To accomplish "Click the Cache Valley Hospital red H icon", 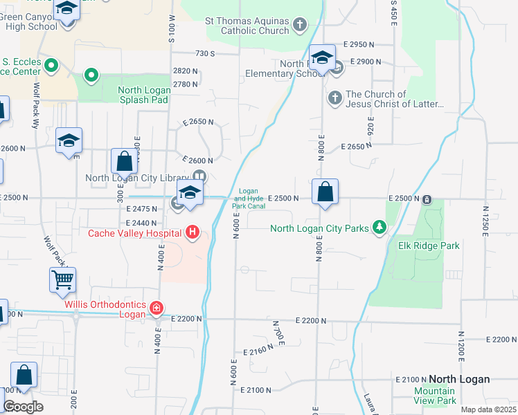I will coord(193,233).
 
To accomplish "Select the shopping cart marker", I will coord(62,281).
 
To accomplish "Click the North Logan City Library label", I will coord(136,178).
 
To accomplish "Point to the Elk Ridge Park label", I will coord(429,246).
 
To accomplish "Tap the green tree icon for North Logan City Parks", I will coord(379,228).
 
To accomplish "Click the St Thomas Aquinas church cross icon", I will coord(299,26).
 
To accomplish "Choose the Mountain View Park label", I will coord(435,396).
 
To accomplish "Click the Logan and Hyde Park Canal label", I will coord(248,199).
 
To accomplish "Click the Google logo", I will coord(23,407).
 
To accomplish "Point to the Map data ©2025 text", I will coord(488,409).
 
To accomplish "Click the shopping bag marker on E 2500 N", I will coord(325,192).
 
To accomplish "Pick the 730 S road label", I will coord(206,53).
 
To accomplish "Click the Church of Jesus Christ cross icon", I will coord(334,97).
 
